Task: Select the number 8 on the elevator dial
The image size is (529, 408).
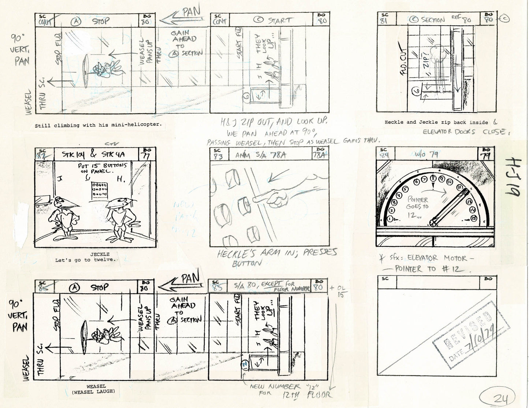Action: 433,178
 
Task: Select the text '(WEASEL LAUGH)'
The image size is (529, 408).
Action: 96,392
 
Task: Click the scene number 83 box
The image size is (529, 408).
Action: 217,154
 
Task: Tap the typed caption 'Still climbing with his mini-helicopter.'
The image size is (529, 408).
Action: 98,125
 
